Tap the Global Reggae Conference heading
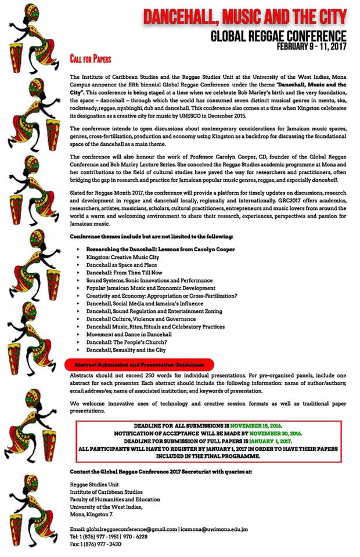[278, 36]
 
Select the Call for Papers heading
[90, 59]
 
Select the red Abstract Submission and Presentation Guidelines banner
[139, 364]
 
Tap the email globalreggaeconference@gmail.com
[132, 529]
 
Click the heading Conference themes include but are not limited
[151, 237]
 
